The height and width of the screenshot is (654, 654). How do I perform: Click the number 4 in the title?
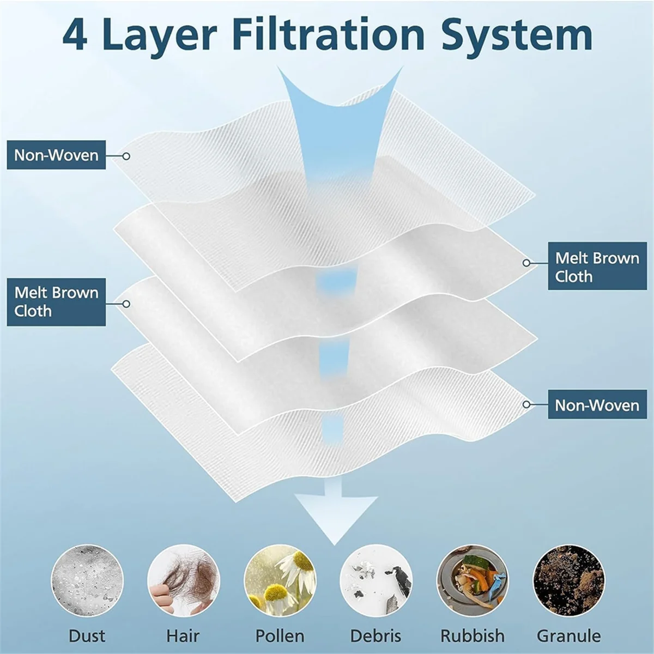point(75,35)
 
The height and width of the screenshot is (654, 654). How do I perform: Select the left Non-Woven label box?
point(56,155)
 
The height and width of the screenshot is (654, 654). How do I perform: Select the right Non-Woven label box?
point(597,405)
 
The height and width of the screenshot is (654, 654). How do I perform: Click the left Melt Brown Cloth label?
point(56,302)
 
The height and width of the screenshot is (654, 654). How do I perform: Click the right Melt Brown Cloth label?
point(597,267)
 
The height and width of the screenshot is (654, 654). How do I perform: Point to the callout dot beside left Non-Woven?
point(126,156)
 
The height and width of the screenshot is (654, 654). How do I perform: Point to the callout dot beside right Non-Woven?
point(526,404)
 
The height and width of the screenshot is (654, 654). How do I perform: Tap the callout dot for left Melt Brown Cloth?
point(126,304)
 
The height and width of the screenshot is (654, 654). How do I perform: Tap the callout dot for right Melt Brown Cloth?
point(526,263)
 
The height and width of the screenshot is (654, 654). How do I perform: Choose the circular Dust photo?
point(87,581)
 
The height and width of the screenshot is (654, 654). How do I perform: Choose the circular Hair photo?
point(183,581)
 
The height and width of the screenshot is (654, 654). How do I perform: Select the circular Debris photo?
point(376,581)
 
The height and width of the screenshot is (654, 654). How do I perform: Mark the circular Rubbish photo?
point(472,581)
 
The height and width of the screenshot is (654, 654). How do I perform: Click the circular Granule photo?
point(568,581)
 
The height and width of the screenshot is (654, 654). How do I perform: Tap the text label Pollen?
point(280,636)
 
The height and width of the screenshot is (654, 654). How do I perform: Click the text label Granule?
point(568,636)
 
